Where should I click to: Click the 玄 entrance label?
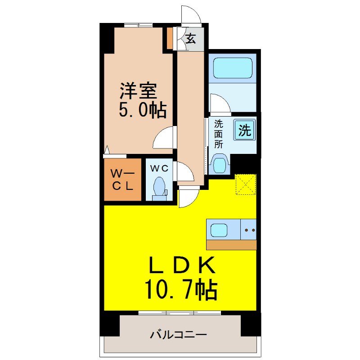[x=191, y=39]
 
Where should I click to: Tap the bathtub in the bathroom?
[x=233, y=68]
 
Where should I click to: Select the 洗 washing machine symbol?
[x=244, y=131]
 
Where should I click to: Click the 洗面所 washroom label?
[x=219, y=134]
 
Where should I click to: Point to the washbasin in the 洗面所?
[x=219, y=164]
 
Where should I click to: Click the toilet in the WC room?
[x=159, y=188]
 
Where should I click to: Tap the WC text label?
[x=159, y=168]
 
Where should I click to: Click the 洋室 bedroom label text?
[x=138, y=91]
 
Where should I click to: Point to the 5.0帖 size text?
[x=142, y=109]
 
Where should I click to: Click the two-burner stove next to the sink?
[x=249, y=230]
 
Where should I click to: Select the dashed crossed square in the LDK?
[x=246, y=184]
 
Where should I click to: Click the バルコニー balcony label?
[x=178, y=335]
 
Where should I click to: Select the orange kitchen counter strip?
[x=231, y=245]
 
